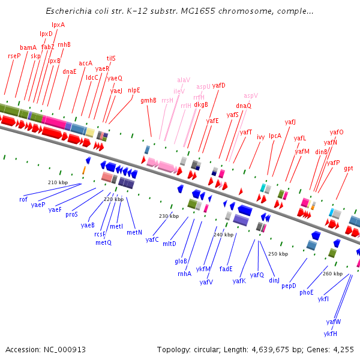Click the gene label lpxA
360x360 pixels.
(58, 25)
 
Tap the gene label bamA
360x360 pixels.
(28, 47)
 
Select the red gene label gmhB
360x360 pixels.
(148, 101)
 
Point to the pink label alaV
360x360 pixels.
(183, 80)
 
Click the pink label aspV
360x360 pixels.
(251, 95)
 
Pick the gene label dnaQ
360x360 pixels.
(244, 106)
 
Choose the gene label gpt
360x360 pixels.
(349, 169)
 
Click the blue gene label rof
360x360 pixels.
(23, 199)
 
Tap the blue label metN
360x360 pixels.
(134, 232)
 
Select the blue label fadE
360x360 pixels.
(226, 269)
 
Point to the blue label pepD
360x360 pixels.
(289, 286)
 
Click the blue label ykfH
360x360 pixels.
(330, 334)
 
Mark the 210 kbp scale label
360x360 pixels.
(58, 182)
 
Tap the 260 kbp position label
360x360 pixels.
(332, 273)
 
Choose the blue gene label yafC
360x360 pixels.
(152, 239)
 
